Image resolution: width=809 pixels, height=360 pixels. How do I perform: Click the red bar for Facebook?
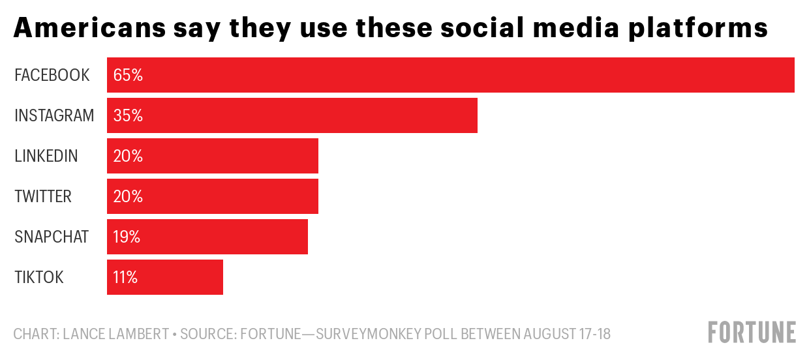point(450,75)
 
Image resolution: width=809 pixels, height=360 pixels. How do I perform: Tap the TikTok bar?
point(165,277)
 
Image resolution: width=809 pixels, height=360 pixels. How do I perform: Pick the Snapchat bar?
point(207,237)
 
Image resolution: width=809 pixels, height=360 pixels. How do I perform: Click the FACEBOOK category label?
point(52,75)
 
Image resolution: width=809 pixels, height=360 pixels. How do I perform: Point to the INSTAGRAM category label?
point(54,115)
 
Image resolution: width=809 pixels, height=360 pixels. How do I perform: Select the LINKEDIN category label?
point(46,156)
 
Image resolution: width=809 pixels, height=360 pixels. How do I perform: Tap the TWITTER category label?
point(43,196)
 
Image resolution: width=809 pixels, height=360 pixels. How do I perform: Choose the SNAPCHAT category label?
point(52,237)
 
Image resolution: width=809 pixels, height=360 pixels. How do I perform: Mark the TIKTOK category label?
point(39,277)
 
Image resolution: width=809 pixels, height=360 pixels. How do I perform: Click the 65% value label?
point(128,75)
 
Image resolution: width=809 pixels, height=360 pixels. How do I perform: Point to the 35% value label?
point(128,115)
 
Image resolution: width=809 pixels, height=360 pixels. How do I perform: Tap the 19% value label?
point(127,237)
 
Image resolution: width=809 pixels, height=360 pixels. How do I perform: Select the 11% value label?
point(125,277)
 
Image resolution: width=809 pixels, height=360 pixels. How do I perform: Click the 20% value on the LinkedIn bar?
point(128,156)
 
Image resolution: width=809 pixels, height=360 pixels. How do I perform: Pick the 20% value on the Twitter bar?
point(128,196)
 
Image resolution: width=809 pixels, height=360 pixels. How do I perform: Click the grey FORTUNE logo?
point(752,332)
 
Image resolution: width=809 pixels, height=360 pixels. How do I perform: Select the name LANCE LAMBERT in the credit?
point(115,335)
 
